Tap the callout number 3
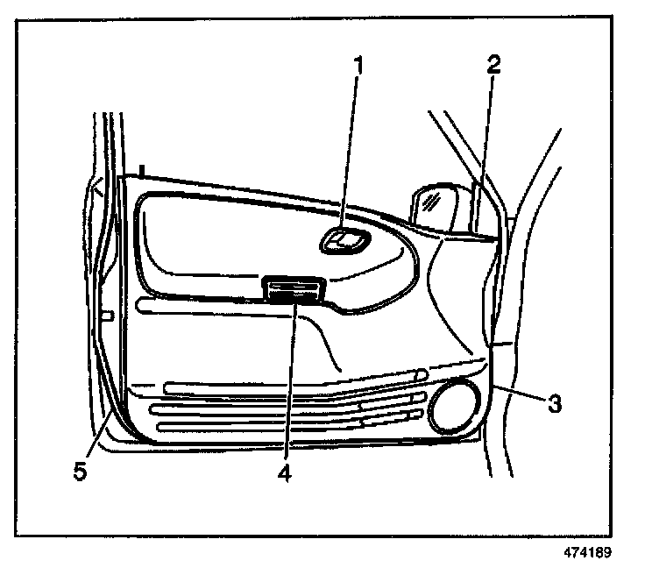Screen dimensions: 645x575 click(x=554, y=404)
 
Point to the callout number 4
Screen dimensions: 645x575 click(x=282, y=472)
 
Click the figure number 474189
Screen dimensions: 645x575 click(x=588, y=553)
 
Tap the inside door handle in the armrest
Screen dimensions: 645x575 click(x=343, y=239)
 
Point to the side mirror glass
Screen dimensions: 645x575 click(x=435, y=208)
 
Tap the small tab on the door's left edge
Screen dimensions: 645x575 click(x=107, y=314)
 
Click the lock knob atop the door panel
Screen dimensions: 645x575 click(x=139, y=169)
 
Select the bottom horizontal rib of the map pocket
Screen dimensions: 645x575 click(x=263, y=427)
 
